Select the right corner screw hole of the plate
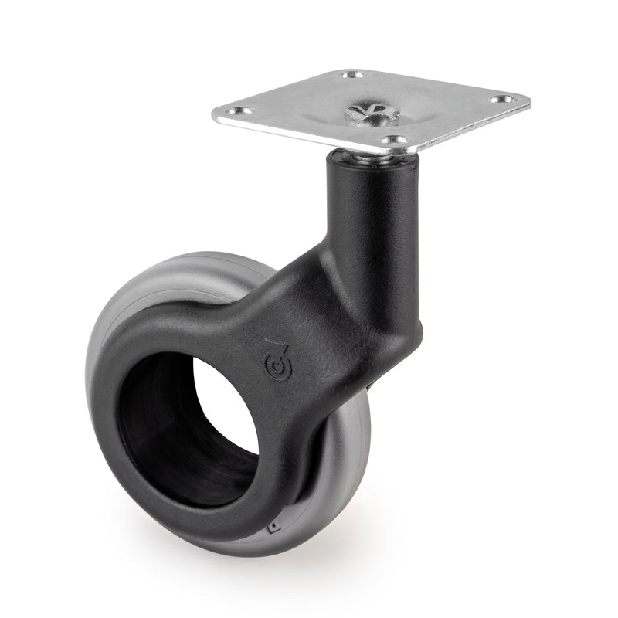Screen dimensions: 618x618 tap(503, 100)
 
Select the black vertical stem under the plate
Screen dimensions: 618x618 tap(363, 201)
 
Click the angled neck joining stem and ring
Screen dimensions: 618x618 tap(324, 309)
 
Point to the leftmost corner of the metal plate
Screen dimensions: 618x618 tap(213, 117)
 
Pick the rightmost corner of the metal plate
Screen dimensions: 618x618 tap(530, 100)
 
